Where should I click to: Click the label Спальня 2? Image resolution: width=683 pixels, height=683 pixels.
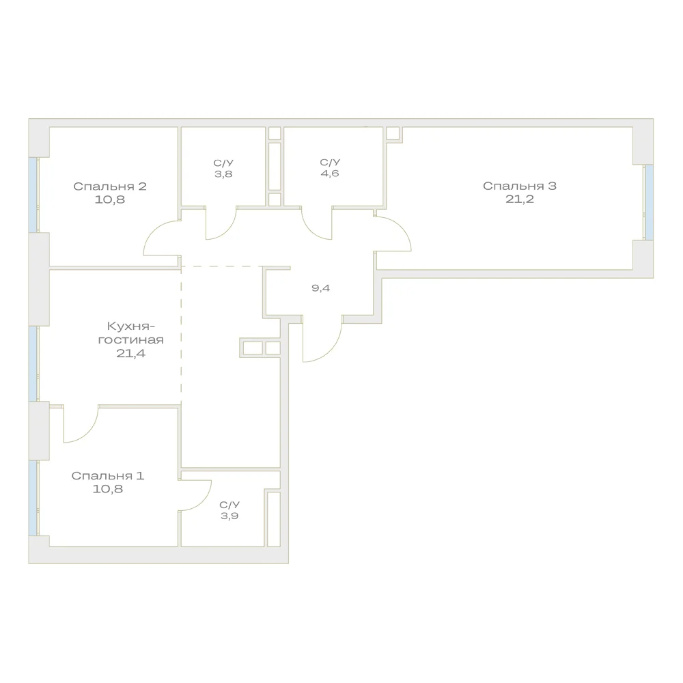(110, 186)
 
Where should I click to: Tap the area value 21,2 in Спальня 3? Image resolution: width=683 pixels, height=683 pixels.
(520, 199)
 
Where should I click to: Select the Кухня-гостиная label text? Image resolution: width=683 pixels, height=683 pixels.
(130, 333)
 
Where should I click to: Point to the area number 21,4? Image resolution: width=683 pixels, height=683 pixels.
(130, 353)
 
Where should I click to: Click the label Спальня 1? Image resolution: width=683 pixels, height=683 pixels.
(108, 475)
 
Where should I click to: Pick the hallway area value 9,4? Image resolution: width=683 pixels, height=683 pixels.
(320, 288)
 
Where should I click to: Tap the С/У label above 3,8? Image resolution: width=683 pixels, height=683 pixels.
(223, 163)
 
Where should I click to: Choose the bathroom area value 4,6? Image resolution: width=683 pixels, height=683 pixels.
(330, 173)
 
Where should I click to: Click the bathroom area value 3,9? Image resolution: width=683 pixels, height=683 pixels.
(229, 516)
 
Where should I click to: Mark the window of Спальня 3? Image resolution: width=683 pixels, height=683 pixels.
(649, 202)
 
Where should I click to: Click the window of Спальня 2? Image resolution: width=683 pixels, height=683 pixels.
(33, 195)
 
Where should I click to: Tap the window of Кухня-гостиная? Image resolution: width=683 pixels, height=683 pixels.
(33, 363)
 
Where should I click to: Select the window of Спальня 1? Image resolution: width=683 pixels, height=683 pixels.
(33, 498)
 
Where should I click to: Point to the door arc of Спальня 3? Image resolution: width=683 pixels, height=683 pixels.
(401, 226)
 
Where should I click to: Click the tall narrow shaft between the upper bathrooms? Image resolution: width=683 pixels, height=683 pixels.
(275, 166)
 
